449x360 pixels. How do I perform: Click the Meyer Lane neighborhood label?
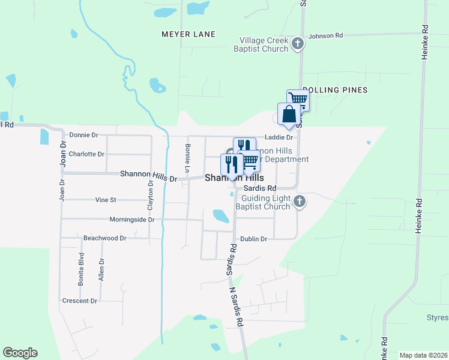click(188, 34)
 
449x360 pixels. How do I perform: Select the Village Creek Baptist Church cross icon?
click(298, 43)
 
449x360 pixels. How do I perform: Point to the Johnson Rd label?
click(325, 36)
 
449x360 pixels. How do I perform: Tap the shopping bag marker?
click(289, 114)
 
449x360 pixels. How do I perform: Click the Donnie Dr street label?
click(83, 135)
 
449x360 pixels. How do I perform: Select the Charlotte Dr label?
click(86, 154)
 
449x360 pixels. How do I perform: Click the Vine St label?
click(105, 199)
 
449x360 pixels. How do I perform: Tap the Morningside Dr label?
click(131, 220)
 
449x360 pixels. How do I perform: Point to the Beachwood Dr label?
click(105, 238)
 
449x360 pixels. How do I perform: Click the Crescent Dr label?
click(79, 301)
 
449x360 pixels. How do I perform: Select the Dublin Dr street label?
click(253, 239)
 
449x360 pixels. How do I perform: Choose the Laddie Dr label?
click(279, 137)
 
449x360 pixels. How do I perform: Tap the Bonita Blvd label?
click(81, 268)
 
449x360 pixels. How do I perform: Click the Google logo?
click(20, 353)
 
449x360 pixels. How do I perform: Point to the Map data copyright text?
click(423, 355)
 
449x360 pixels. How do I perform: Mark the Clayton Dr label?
click(151, 196)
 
